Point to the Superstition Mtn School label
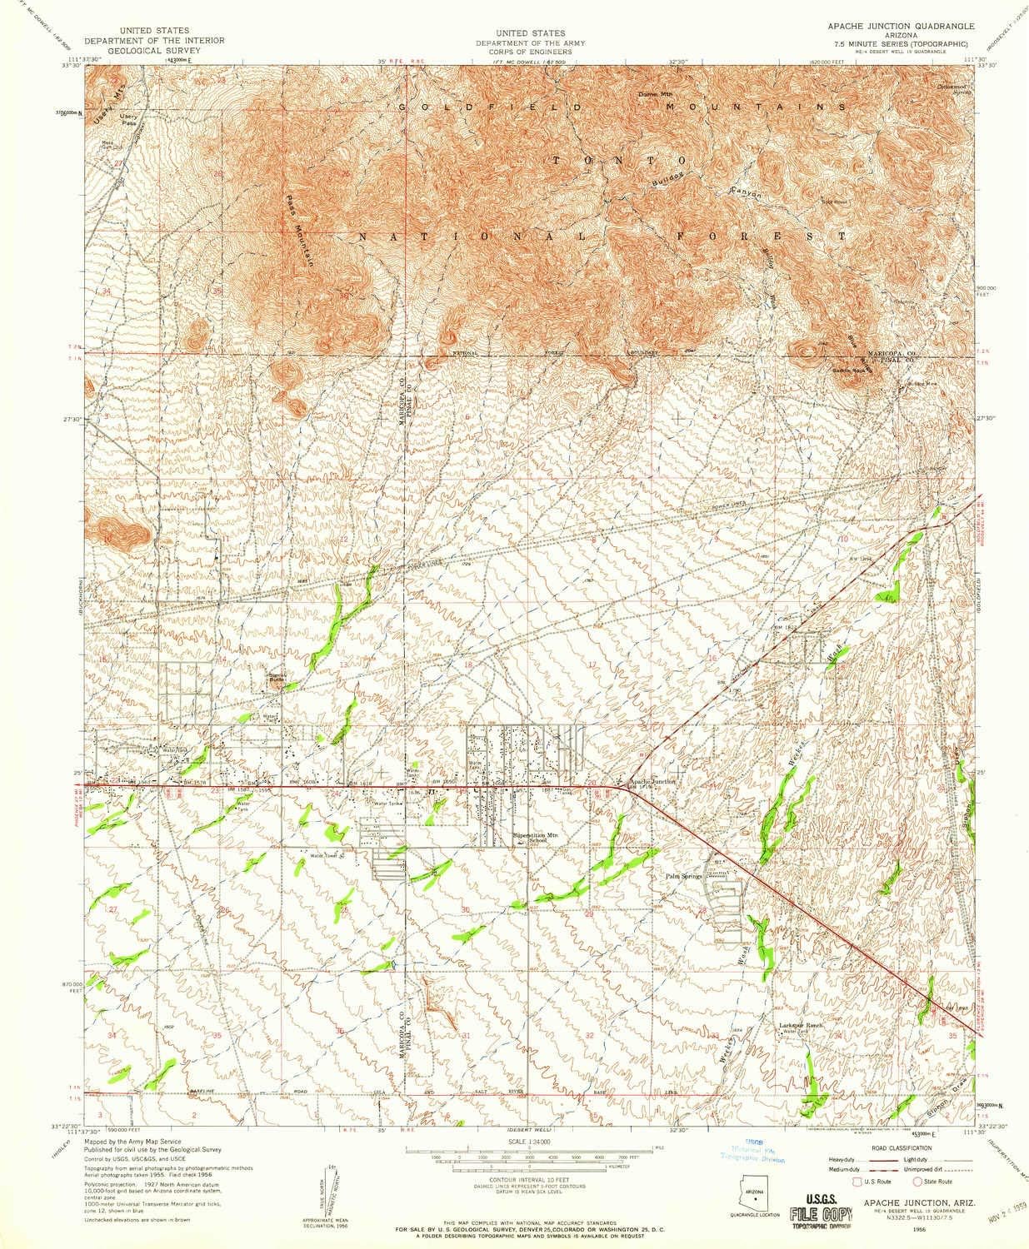(x=528, y=838)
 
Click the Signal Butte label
(x=274, y=678)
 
